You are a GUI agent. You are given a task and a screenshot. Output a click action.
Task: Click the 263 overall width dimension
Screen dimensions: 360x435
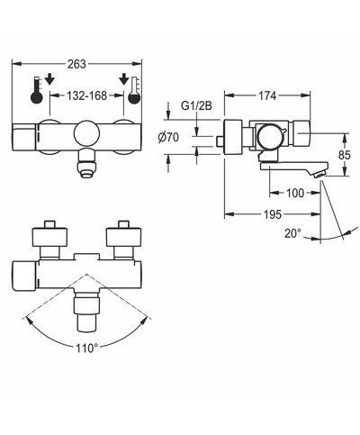click(x=76, y=64)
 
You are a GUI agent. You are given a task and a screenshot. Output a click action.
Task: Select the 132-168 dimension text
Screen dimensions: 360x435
click(x=86, y=95)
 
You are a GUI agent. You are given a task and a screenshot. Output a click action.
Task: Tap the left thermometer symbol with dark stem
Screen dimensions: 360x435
click(x=37, y=91)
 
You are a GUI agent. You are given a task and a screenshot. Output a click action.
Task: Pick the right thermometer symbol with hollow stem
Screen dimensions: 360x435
click(x=134, y=91)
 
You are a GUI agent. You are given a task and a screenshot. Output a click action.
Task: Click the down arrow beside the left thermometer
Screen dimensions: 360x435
click(x=49, y=79)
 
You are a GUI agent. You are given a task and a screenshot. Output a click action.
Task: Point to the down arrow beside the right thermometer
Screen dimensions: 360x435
click(x=123, y=79)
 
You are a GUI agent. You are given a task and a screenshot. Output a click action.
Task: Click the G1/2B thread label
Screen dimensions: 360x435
click(x=196, y=105)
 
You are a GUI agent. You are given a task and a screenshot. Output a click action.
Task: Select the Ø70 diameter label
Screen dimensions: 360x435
click(x=168, y=138)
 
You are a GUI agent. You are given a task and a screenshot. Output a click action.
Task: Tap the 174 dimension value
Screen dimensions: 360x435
click(x=267, y=95)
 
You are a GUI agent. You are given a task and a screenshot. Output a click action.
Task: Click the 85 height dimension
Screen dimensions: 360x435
click(x=344, y=155)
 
